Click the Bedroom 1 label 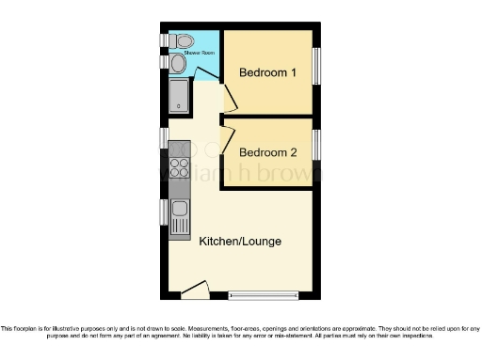(x=268, y=72)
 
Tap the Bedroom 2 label (x=268, y=151)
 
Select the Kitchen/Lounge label (x=240, y=242)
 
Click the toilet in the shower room (x=182, y=40)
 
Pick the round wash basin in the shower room (x=178, y=62)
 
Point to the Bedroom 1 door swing (x=227, y=97)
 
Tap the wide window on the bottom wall (x=264, y=295)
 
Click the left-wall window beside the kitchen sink (x=163, y=213)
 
